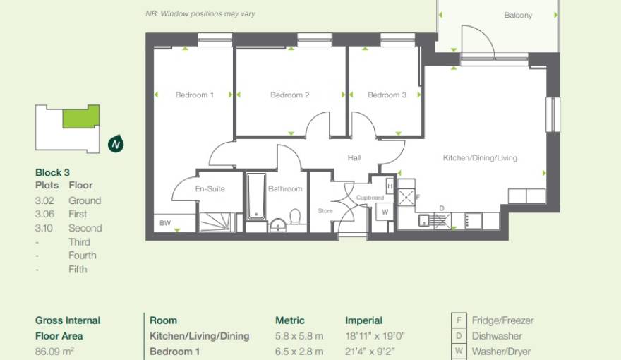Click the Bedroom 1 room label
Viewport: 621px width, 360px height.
194,95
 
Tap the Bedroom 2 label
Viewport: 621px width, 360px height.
290,95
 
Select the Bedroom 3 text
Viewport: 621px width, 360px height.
387,95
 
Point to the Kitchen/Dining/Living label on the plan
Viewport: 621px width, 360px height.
480,158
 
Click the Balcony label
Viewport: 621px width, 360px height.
518,16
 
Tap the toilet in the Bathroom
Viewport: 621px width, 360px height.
296,217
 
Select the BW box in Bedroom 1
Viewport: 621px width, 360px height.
165,224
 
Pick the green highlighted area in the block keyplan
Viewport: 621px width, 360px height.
80,116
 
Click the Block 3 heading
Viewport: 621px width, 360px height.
52,172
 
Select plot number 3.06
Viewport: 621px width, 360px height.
44,214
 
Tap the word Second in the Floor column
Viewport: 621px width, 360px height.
85,228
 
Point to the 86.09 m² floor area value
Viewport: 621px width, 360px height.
55,351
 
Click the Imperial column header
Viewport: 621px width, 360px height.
363,320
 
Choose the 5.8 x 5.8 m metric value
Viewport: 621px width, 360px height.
299,336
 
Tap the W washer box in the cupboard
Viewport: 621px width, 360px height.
385,211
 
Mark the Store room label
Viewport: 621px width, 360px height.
325,210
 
